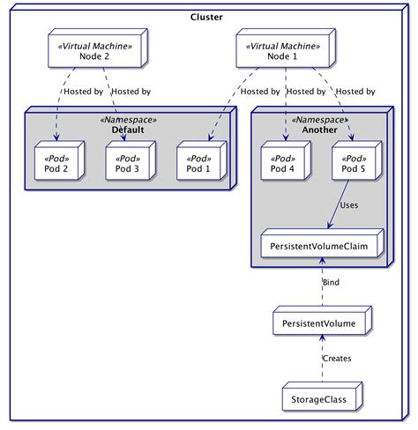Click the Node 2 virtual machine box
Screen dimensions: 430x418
coord(92,50)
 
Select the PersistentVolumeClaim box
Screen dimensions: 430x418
coord(321,244)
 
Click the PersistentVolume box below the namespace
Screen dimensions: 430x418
coord(318,324)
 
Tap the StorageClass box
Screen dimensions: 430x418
coord(318,400)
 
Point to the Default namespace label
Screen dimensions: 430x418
coord(128,130)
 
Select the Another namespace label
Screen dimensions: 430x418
coord(320,130)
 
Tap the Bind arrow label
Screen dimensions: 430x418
coord(332,282)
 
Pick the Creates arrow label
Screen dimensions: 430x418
coord(336,360)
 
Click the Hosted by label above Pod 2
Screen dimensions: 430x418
coord(82,91)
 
